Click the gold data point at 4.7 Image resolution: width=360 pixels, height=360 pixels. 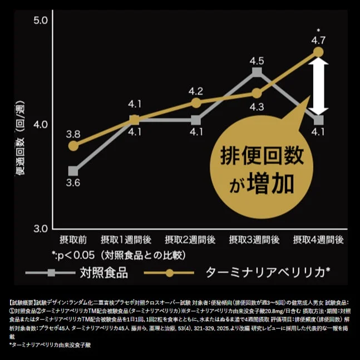318,52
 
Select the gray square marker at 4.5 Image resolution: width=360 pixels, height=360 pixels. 257,72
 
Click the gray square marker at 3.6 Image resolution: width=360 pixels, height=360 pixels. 73,171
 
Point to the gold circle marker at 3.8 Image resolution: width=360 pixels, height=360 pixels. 73,146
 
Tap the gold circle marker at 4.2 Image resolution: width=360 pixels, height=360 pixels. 195,102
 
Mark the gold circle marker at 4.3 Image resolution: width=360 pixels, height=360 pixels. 257,93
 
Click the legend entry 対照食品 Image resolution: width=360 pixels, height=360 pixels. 103,273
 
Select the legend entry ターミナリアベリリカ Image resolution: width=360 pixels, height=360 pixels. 267,273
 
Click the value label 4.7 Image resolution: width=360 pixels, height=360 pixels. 318,40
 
